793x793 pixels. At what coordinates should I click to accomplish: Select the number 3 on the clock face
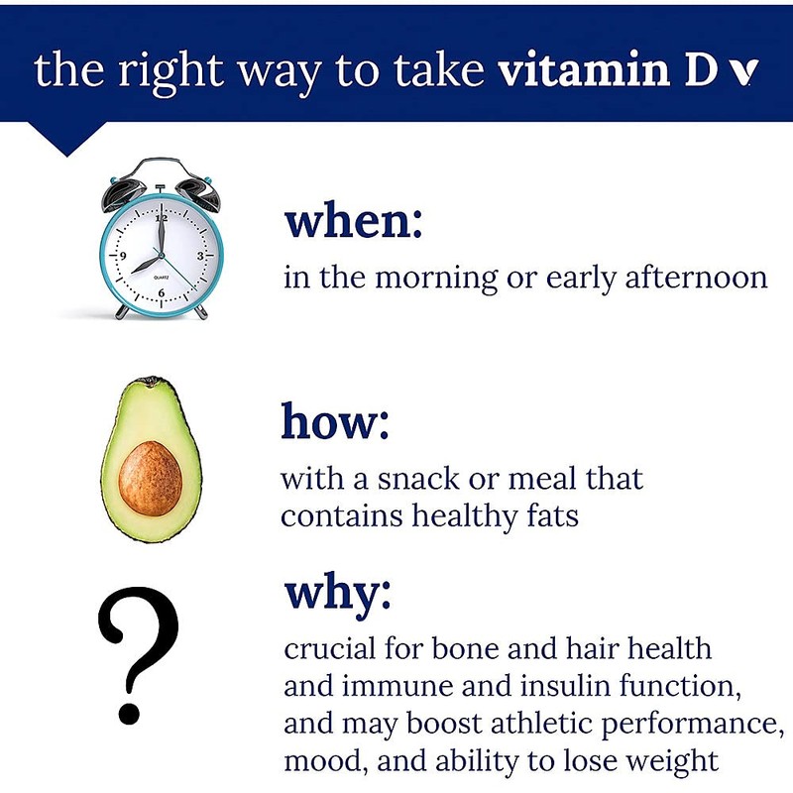click(199, 256)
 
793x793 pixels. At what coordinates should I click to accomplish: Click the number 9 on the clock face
click(122, 257)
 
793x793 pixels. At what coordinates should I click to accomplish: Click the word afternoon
click(696, 277)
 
